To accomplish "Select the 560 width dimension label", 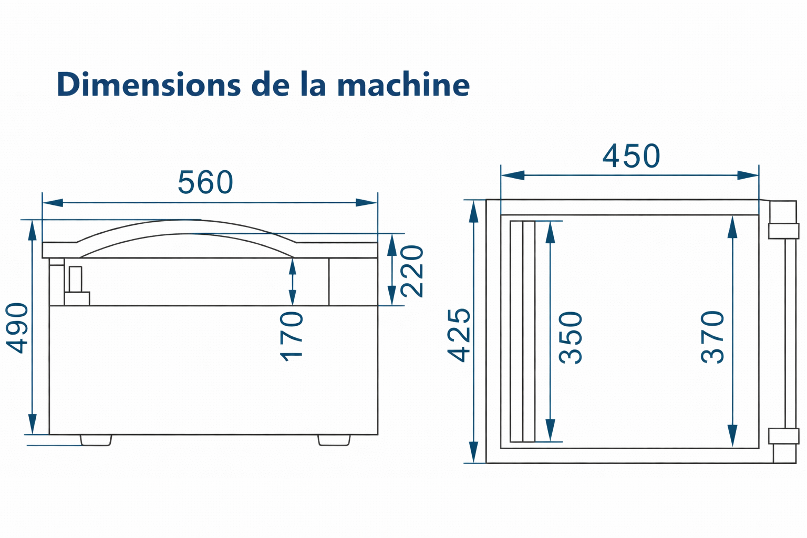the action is click(x=205, y=182).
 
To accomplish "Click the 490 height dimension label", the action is click(x=17, y=328).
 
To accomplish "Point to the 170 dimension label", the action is click(x=291, y=336).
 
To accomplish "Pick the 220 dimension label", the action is click(x=412, y=271).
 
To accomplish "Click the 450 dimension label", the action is click(x=631, y=156).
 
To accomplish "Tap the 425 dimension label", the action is click(x=459, y=335).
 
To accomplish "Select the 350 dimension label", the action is click(x=570, y=338).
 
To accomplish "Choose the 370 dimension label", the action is click(x=712, y=337).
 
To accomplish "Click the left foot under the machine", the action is click(x=96, y=440).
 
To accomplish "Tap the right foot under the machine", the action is click(x=334, y=440).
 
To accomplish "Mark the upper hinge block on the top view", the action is click(x=783, y=231).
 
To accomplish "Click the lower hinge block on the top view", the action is click(x=783, y=436).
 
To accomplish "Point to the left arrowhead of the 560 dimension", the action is click(x=53, y=202).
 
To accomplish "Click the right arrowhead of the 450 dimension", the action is click(x=748, y=175).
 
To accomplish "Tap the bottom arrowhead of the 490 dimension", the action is click(x=33, y=424).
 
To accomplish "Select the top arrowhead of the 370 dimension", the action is click(x=732, y=227).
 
